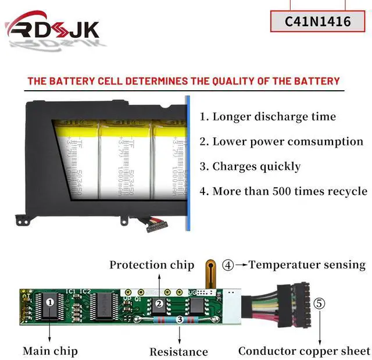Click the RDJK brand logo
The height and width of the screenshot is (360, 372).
[x=52, y=29]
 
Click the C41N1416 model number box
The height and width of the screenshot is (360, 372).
[x=317, y=22]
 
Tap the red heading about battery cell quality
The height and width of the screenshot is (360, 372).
[x=184, y=81]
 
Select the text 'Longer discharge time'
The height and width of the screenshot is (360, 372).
[x=268, y=116]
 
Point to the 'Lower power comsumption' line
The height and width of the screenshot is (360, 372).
[x=281, y=141]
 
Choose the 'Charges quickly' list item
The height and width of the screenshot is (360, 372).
[x=251, y=166]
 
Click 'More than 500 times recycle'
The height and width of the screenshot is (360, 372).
[x=284, y=191]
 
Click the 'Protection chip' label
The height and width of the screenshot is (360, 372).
[x=152, y=265]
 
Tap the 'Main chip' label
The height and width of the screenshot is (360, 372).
[x=50, y=351]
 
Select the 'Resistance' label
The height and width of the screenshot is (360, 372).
[x=178, y=351]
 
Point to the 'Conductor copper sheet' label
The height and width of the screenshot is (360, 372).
[x=304, y=351]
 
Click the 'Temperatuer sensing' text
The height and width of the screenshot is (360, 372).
[x=307, y=265]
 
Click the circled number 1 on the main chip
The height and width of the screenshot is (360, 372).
[x=50, y=302]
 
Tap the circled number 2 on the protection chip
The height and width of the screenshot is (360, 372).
[x=158, y=303]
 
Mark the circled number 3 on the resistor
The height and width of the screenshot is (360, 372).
[x=180, y=319]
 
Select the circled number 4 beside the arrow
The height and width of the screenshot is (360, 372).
[x=228, y=265]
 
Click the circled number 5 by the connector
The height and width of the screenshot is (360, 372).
[x=320, y=303]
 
